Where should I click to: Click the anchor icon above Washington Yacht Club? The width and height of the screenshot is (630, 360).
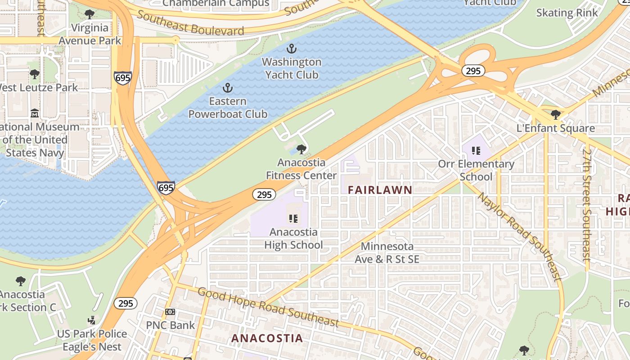tap(292, 48)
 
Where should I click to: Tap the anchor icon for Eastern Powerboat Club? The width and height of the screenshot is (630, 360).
tap(228, 87)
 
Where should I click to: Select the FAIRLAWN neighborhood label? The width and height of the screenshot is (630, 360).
tap(380, 190)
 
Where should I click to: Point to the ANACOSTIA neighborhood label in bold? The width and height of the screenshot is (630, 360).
tap(267, 338)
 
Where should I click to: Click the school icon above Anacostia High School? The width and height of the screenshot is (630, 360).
tap(293, 219)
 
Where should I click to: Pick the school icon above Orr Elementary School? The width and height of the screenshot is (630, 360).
tap(476, 151)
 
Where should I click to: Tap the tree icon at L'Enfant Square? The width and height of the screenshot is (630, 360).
tap(556, 115)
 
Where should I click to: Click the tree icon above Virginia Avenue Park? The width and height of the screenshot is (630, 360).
tap(90, 14)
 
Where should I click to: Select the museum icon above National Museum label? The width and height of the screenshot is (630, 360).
tap(35, 113)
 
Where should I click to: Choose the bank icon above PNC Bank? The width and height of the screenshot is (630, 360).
tap(170, 311)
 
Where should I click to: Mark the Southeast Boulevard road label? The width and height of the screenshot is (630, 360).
tap(190, 23)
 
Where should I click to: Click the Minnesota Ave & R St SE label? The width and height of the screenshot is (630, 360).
tap(387, 253)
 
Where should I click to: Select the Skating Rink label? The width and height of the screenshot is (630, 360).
tap(567, 13)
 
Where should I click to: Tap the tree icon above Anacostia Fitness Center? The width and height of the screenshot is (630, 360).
tap(301, 149)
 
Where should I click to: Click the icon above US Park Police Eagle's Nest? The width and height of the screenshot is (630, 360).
tap(92, 320)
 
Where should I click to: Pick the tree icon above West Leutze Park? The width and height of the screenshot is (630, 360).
tap(35, 74)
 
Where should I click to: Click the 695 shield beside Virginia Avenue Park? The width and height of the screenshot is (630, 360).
tap(122, 78)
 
